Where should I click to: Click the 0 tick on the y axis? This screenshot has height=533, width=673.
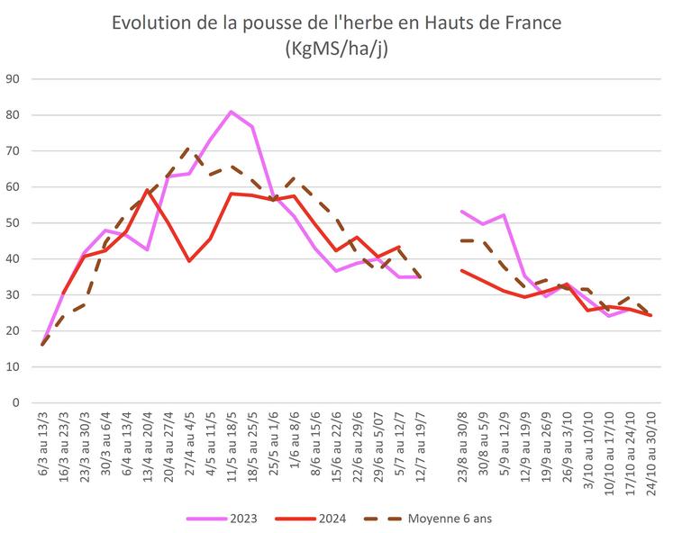click(x=15, y=402)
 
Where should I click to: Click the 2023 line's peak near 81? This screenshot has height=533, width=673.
click(x=231, y=112)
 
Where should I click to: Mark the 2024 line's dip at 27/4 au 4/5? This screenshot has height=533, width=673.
click(x=189, y=261)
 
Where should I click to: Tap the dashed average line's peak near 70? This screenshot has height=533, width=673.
click(x=189, y=149)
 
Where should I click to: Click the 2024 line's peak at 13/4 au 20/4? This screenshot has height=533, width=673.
click(x=147, y=191)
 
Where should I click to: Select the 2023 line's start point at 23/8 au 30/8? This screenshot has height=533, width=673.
click(x=461, y=212)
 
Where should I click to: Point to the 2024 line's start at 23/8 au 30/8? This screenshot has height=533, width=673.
click(x=461, y=270)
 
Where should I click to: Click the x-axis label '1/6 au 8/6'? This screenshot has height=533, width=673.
click(x=295, y=440)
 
